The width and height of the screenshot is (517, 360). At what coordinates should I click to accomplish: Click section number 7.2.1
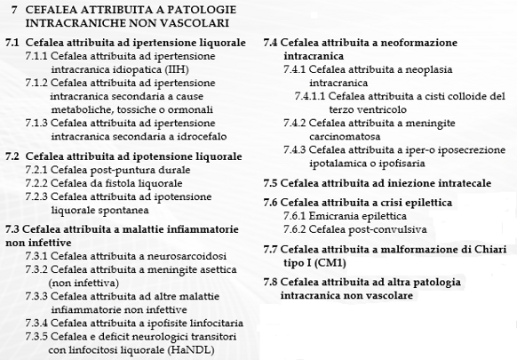click(39, 170)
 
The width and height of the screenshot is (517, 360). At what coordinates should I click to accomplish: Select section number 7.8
click(273, 282)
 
